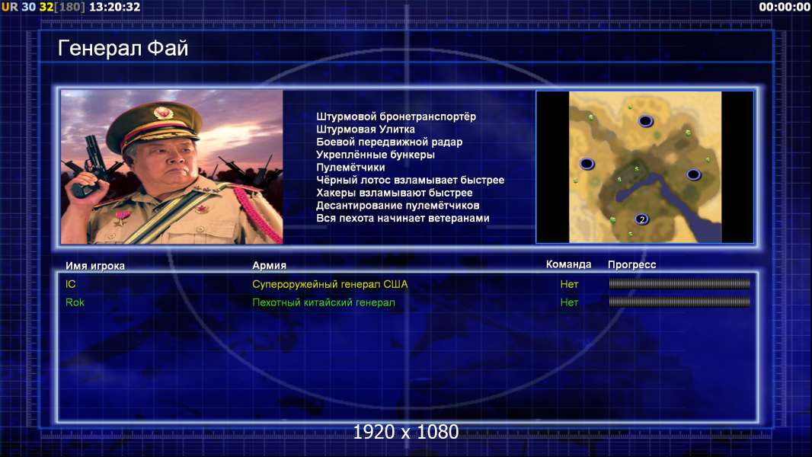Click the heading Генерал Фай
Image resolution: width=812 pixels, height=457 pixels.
pos(123,49)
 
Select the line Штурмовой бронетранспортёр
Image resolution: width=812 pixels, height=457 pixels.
pos(396,117)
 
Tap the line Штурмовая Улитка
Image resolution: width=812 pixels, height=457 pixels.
pos(366,129)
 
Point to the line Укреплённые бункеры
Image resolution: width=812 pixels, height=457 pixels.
pos(376,155)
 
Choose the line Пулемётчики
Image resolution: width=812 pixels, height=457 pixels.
pos(350,167)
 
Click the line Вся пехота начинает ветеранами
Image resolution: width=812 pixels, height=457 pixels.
pos(403,219)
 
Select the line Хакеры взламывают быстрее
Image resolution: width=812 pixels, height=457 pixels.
pos(395,193)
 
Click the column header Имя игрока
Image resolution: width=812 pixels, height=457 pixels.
pos(94,266)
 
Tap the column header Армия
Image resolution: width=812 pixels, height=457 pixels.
pos(270,266)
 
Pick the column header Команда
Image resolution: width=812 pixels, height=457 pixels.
pos(568,264)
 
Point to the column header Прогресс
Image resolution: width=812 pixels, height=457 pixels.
pos(631,265)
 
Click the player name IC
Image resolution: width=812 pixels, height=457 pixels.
pos(70,284)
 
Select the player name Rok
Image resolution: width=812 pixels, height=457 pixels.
pos(75,302)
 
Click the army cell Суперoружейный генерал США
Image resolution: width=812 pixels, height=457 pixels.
pos(330,284)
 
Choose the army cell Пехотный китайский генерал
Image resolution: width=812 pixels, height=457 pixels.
pos(324,303)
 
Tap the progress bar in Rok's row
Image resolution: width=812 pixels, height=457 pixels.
pos(679,302)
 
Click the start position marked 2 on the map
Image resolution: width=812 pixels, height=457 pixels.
pos(642,219)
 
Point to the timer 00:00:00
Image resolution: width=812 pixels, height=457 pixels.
pos(785,7)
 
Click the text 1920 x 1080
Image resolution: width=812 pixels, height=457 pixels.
pos(406,432)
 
